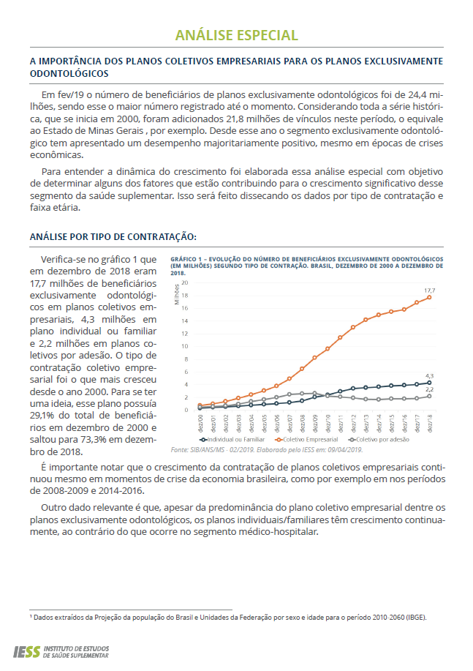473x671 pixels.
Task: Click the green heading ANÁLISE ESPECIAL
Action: [236, 35]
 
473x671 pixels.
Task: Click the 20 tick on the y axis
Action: [185, 282]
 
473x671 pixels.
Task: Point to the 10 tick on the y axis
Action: [185, 346]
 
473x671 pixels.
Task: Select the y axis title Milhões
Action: [177, 294]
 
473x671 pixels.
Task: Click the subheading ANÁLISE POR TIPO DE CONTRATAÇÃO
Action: [113, 237]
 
